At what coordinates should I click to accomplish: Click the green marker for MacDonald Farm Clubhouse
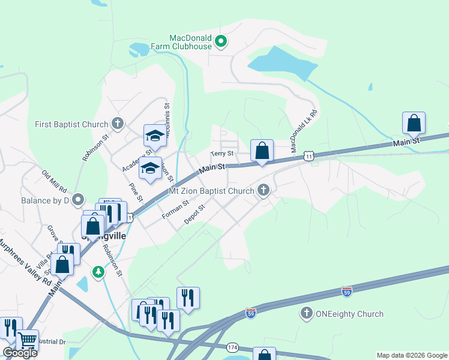(221, 41)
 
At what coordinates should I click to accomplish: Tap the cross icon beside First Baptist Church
(118, 124)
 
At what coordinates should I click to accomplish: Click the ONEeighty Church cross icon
(307, 313)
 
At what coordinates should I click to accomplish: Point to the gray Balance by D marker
(77, 200)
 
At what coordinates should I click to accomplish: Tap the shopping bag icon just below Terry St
(262, 151)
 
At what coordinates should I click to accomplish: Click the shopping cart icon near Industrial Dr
(27, 341)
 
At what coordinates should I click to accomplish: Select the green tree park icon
(98, 272)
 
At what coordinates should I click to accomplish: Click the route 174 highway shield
(233, 347)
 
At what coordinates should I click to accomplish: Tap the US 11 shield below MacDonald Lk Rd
(308, 156)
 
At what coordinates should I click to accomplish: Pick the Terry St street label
(221, 154)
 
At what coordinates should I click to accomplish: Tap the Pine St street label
(135, 191)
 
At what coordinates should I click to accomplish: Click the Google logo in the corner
(20, 353)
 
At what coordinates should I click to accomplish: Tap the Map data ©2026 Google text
(412, 355)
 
